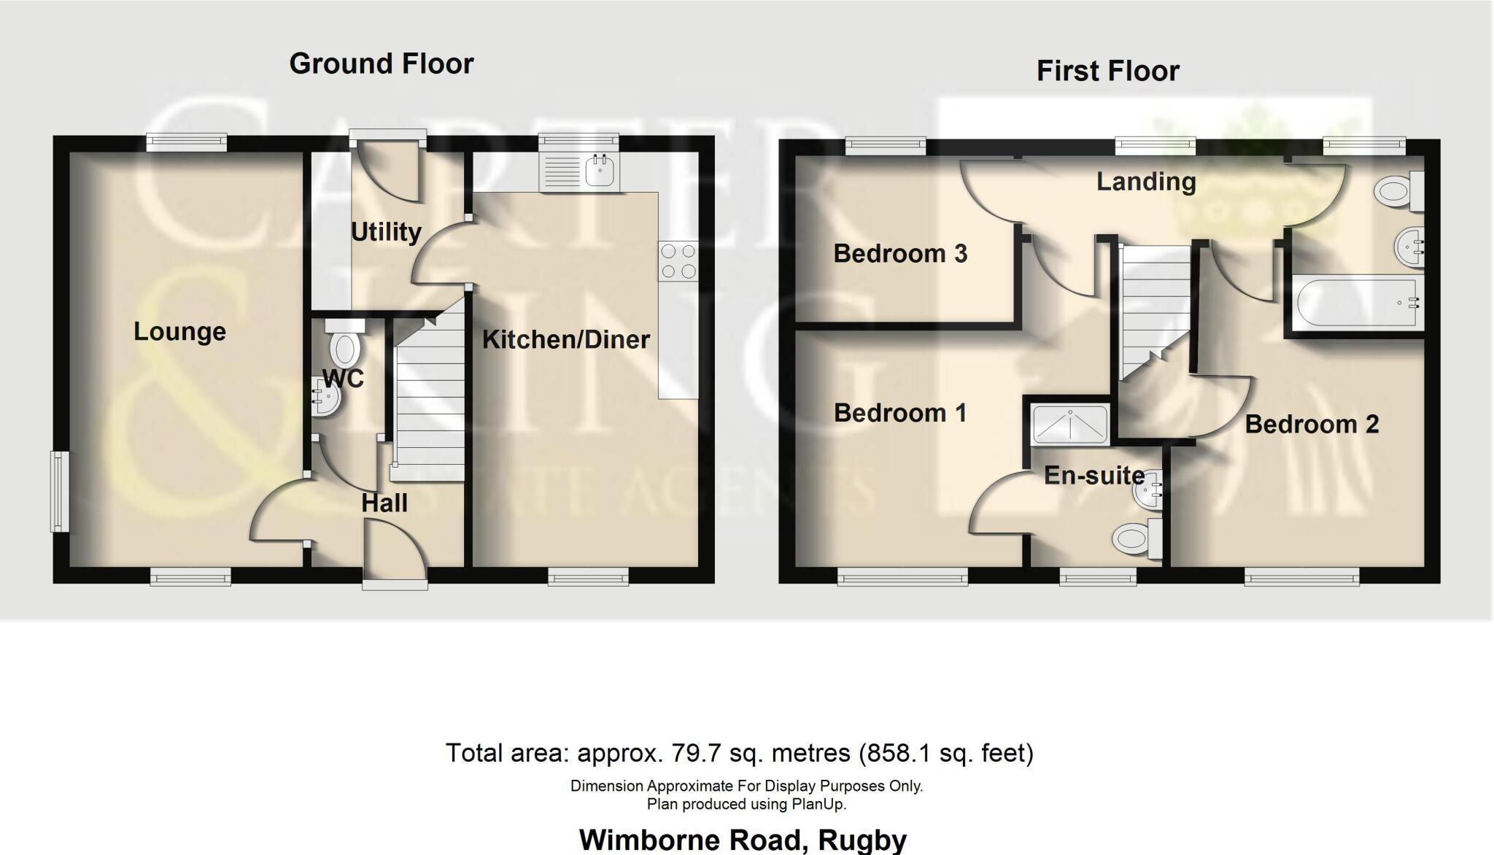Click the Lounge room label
click(179, 332)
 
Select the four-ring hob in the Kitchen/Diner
click(678, 261)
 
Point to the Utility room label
click(386, 232)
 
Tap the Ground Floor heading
click(381, 64)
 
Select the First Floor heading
click(1107, 71)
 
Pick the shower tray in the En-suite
click(1070, 424)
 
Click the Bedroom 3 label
click(899, 254)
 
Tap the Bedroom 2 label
click(1311, 425)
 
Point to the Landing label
click(1145, 182)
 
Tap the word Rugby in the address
click(862, 840)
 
